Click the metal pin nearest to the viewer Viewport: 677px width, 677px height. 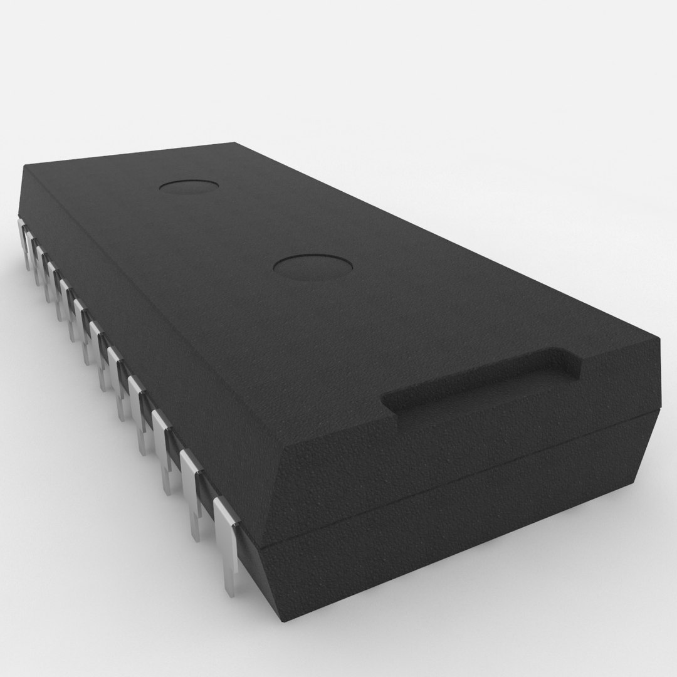coord(226,539)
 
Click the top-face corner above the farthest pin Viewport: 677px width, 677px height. coord(25,167)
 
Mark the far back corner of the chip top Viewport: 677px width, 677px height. coord(234,143)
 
